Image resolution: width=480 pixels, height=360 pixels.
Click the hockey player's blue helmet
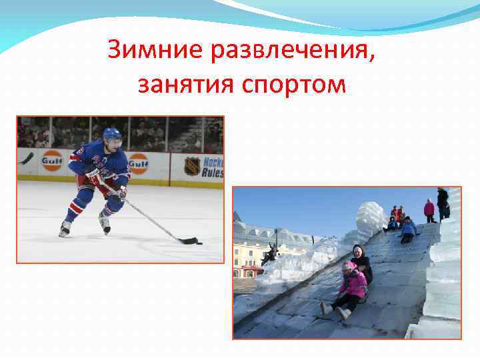click(x=112, y=134)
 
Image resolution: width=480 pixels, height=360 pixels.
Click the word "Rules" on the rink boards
click(x=213, y=171)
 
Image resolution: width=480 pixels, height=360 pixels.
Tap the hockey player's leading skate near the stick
click(x=105, y=225)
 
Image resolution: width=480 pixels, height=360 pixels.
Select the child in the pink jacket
click(x=351, y=283)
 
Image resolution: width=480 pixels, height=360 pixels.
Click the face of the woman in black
click(x=357, y=253)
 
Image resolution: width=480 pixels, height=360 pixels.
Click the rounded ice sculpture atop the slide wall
click(x=371, y=217)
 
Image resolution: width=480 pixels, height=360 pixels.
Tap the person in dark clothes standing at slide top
click(x=443, y=201)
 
